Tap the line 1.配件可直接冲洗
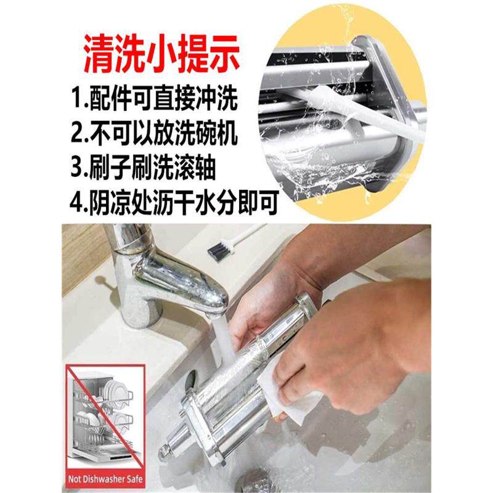click(155, 98)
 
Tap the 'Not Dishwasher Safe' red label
click(104, 477)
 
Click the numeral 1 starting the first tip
click(76, 98)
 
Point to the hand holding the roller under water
click(259, 308)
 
